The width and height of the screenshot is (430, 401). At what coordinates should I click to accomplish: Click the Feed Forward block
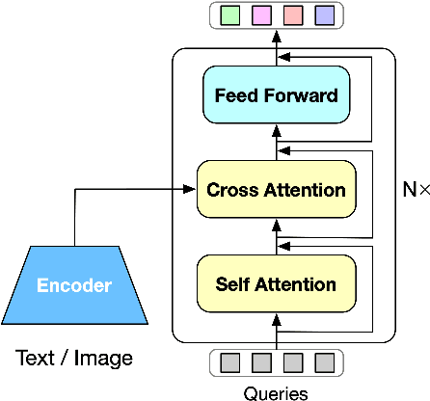coord(276,96)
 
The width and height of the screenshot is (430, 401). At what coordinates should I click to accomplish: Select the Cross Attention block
coord(276,190)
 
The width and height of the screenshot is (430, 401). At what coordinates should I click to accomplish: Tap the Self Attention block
coord(276,284)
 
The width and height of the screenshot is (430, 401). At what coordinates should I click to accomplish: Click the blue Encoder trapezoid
coord(74,285)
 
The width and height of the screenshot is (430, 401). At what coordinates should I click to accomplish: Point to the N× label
coord(413,190)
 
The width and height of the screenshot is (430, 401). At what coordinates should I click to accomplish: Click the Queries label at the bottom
coord(276,391)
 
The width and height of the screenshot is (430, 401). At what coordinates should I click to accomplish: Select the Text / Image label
coord(74,360)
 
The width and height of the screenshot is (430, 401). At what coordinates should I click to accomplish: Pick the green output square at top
coord(229,15)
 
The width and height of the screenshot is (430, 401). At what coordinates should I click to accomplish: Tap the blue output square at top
coord(324,15)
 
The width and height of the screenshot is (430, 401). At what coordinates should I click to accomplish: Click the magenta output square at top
coord(260,15)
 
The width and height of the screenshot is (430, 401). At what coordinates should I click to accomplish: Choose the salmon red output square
coord(292,15)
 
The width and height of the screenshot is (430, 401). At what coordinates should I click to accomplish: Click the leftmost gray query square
coord(229,362)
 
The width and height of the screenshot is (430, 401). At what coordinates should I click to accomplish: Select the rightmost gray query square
coord(324,362)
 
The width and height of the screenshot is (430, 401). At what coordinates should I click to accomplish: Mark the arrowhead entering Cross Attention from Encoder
coord(190,191)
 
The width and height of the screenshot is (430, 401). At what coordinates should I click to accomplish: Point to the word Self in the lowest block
coord(232,284)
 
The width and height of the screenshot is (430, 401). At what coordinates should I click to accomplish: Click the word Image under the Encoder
coord(104,360)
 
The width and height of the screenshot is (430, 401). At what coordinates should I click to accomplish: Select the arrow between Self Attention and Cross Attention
coord(277,237)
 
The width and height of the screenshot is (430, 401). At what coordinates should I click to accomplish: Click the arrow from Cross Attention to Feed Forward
coord(277,143)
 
